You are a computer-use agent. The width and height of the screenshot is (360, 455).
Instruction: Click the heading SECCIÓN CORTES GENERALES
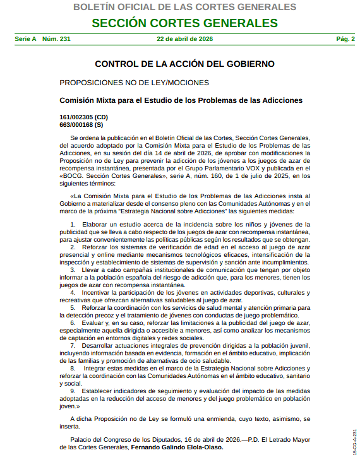click(x=184, y=23)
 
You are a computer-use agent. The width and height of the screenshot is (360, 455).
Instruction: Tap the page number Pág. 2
click(x=345, y=39)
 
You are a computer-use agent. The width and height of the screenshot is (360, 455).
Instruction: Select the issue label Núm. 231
click(x=56, y=39)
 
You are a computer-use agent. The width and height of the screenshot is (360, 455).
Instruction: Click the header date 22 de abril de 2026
click(x=184, y=39)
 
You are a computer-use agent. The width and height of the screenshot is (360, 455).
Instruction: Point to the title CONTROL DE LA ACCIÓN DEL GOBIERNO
click(x=184, y=64)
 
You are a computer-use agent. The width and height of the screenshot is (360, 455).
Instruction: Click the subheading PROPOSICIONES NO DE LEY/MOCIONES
click(x=134, y=83)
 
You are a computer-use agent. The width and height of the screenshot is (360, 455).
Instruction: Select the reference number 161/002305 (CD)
click(x=83, y=117)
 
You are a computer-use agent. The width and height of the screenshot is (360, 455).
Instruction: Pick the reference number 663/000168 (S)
click(x=81, y=125)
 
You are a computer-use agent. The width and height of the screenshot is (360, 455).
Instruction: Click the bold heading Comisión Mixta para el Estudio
click(x=181, y=100)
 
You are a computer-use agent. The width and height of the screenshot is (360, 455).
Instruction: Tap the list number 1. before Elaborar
click(x=73, y=225)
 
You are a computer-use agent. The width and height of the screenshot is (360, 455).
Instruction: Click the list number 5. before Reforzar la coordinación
click(x=73, y=307)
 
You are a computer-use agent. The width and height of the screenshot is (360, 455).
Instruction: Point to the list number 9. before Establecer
click(x=73, y=391)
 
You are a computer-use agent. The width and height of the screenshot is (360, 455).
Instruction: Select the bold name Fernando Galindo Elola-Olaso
click(x=177, y=447)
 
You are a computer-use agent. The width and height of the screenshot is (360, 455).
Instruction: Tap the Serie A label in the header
click(x=25, y=39)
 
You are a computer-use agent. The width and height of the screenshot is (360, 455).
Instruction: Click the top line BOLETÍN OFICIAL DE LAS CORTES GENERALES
click(x=184, y=8)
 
